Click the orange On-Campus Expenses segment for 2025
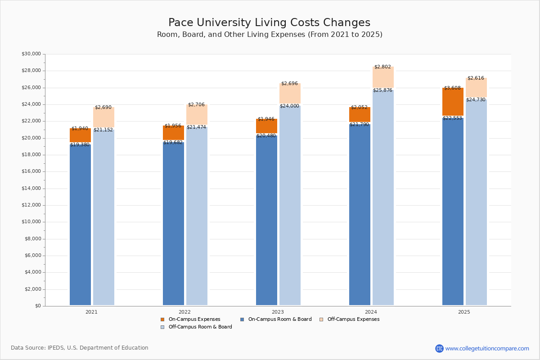point(453,102)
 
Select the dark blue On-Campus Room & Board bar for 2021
point(80,225)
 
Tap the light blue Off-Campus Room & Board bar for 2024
point(383,198)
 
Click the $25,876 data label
point(382,90)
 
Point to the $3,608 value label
point(452,88)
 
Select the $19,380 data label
point(80,145)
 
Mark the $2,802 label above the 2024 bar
point(382,67)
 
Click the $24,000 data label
point(289,106)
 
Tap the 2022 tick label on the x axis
point(184,312)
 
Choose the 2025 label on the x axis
point(464,312)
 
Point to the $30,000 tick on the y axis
point(31,54)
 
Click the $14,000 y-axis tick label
point(31,189)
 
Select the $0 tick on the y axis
point(38,306)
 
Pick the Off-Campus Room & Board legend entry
point(200,327)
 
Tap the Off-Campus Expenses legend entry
point(353,319)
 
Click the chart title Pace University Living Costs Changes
point(269,23)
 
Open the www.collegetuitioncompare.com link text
point(487,348)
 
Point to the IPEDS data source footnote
point(80,348)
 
